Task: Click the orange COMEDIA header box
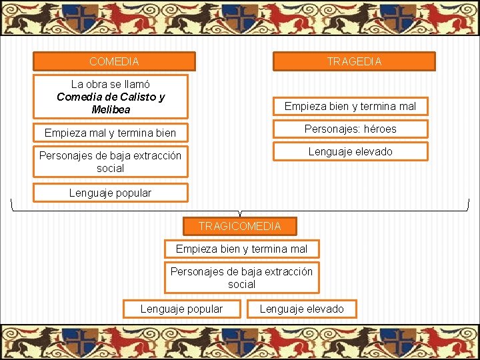tap(114, 61)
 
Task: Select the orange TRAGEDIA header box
tap(354, 61)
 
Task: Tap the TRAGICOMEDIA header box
tap(240, 226)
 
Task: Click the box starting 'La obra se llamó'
tap(111, 97)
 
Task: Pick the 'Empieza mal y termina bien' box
tap(111, 133)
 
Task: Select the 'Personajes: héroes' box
tap(350, 129)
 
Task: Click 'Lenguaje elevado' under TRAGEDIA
tap(350, 151)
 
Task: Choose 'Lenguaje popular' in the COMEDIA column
tap(111, 193)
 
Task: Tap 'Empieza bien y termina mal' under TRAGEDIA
tap(350, 106)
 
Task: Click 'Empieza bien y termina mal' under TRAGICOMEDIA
tap(241, 249)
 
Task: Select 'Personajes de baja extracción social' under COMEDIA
tap(111, 162)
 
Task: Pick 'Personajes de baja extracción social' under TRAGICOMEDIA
tap(241, 277)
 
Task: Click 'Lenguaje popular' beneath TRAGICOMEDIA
tap(181, 309)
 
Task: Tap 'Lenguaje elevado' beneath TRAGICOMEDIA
tap(302, 309)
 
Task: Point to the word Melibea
tap(111, 109)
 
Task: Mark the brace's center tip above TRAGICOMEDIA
tap(240, 214)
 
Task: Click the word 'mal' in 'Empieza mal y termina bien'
tap(95, 133)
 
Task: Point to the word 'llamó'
tap(136, 84)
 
